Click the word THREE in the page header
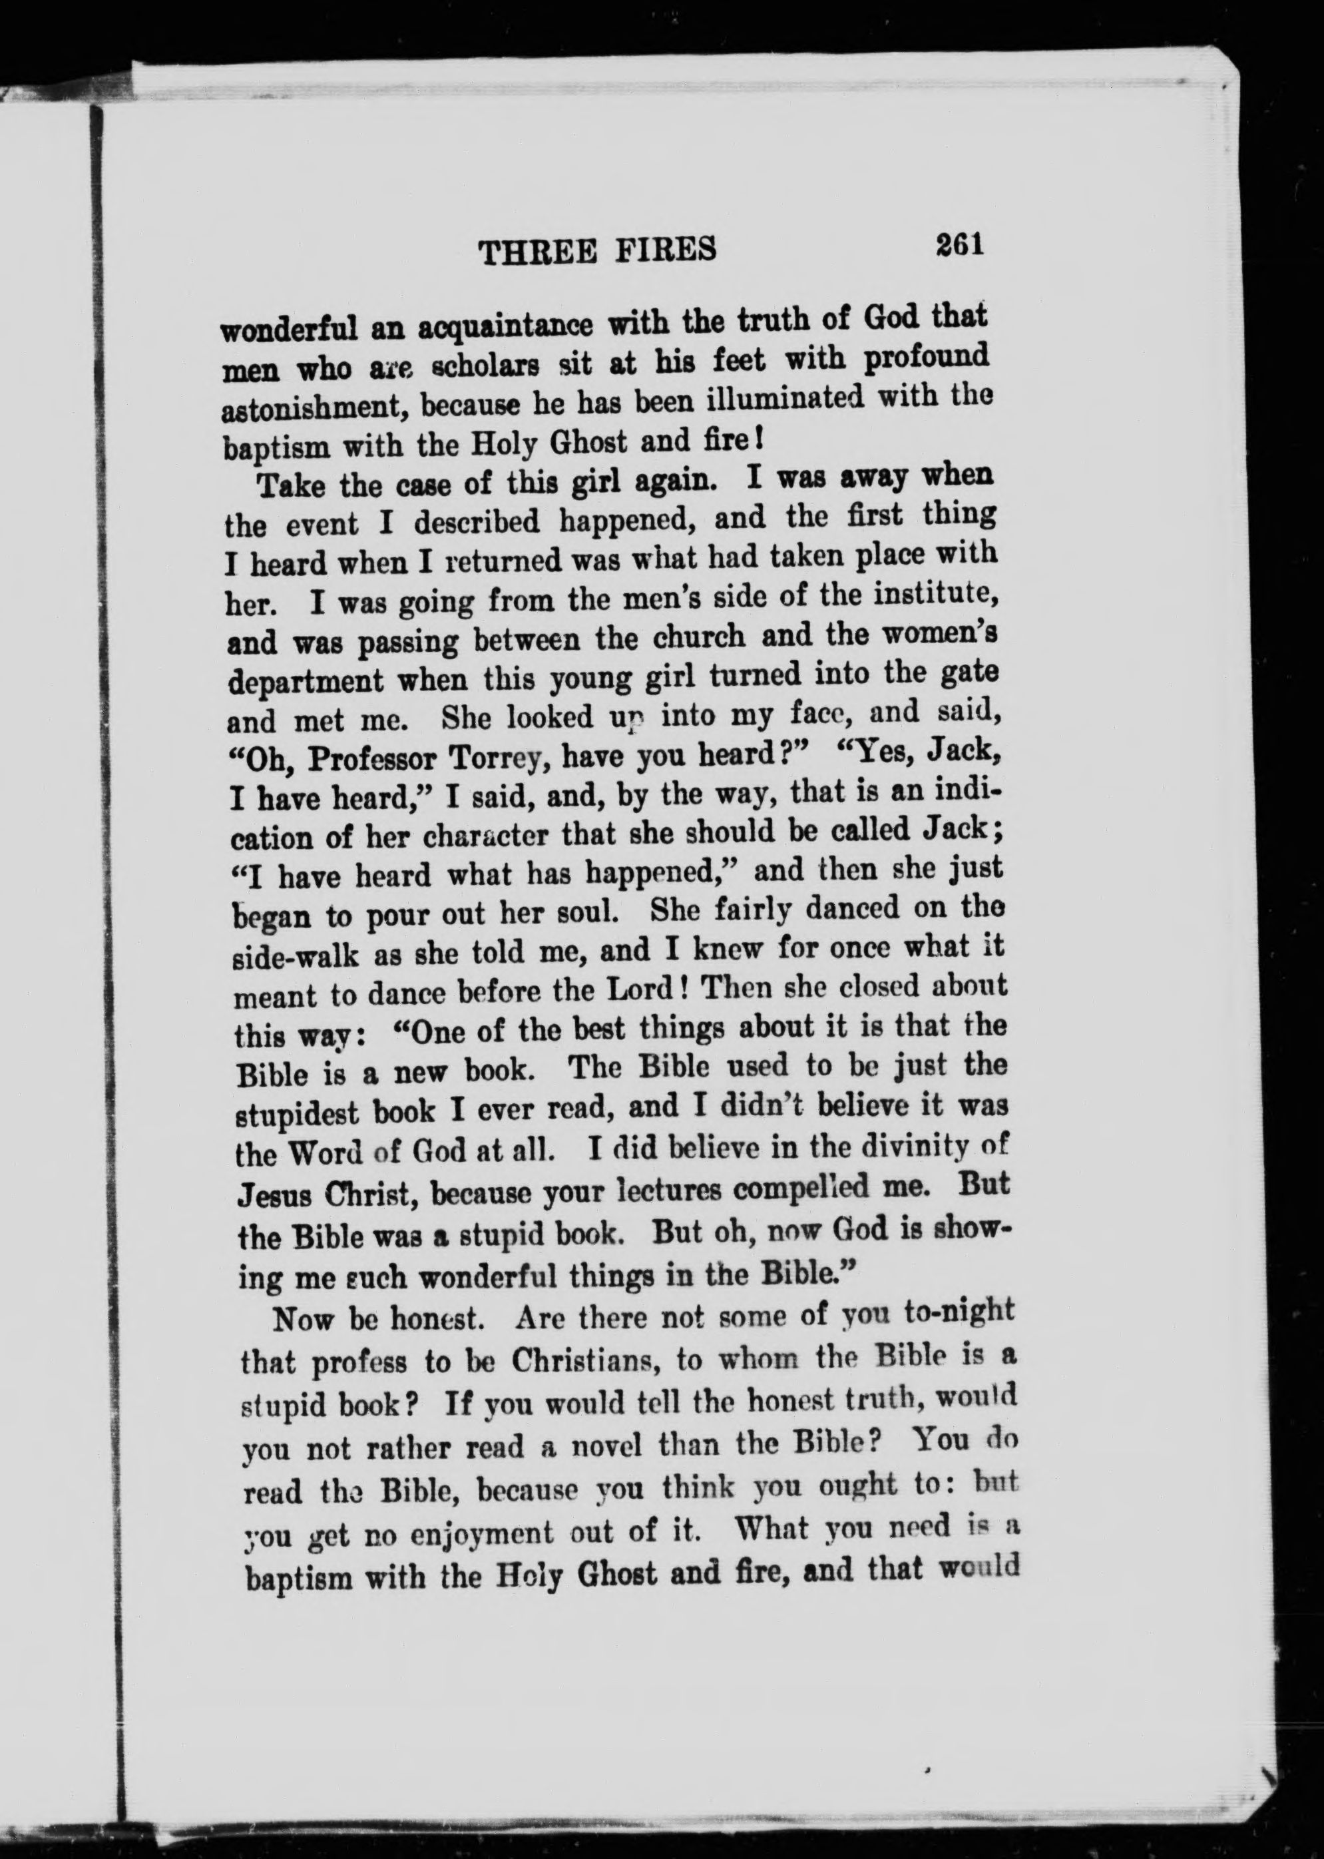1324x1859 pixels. click(x=537, y=251)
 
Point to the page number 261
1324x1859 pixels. click(x=961, y=244)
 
